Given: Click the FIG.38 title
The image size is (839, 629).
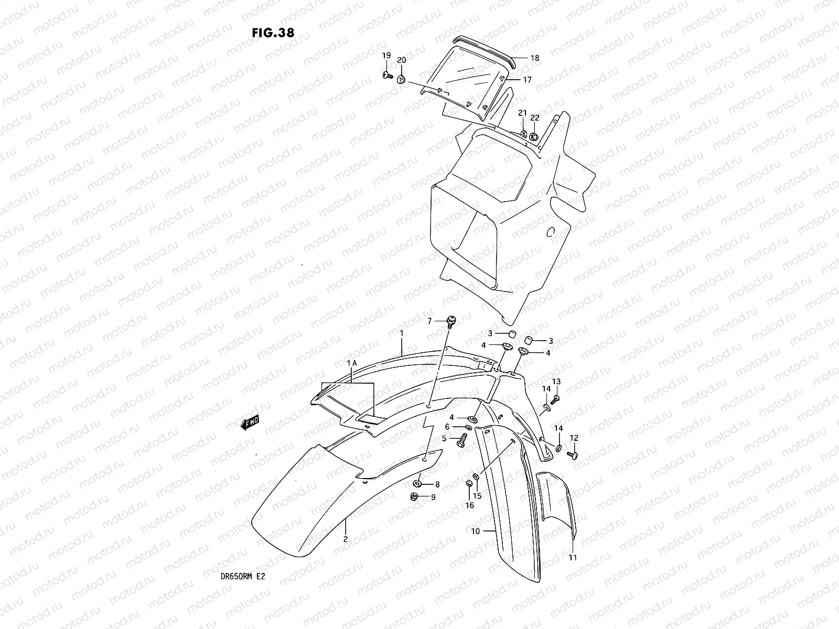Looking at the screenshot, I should click(x=273, y=32).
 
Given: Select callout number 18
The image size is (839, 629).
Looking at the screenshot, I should click(x=534, y=59).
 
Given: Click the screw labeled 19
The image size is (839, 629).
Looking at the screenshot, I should click(x=387, y=76).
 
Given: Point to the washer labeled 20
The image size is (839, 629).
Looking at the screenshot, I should click(x=401, y=79).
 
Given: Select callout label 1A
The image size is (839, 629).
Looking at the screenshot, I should click(x=351, y=363).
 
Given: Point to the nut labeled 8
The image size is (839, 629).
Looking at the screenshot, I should click(x=419, y=483).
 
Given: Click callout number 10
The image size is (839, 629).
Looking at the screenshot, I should click(x=475, y=531).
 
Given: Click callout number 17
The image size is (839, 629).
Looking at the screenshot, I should click(x=526, y=80).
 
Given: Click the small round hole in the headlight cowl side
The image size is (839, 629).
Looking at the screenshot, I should click(x=550, y=232).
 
